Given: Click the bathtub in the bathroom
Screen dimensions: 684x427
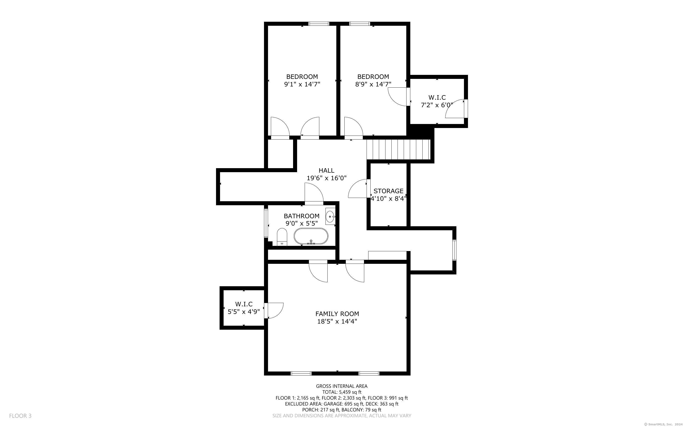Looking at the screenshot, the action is click(311, 236).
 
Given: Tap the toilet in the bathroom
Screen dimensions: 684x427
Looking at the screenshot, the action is click(282, 237).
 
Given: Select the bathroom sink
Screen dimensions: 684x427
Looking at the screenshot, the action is click(330, 216).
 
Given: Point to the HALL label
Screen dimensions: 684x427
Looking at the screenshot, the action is click(326, 170).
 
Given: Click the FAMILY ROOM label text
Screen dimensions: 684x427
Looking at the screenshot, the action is click(337, 314).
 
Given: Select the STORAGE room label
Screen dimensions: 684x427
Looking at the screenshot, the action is click(389, 191).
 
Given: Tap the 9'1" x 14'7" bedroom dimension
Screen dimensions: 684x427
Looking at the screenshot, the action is click(302, 84).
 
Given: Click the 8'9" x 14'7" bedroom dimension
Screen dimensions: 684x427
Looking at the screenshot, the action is click(373, 84).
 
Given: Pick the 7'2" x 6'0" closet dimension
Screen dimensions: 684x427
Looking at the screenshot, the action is click(437, 105).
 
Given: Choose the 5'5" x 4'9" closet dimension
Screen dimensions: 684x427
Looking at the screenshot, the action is click(244, 312).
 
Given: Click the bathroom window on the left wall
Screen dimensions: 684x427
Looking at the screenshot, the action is click(266, 223).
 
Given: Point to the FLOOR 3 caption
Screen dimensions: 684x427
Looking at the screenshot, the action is click(20, 416).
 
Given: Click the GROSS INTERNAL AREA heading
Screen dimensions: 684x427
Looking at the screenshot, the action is click(342, 386).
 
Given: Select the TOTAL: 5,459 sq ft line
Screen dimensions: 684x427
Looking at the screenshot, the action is click(342, 392).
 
